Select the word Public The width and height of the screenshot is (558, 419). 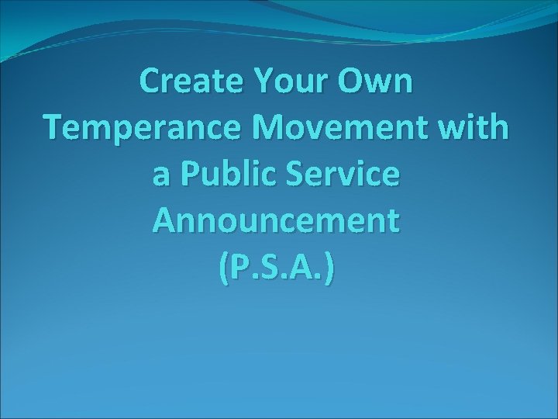click(237, 175)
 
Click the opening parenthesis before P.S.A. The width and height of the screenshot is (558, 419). click(223, 268)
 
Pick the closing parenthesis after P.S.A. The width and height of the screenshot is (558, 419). click(331, 268)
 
